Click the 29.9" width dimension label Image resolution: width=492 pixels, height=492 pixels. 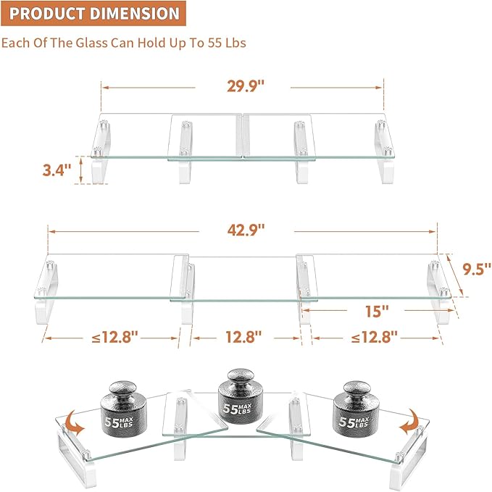click(x=242, y=86)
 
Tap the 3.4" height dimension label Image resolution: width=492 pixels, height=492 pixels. click(x=57, y=170)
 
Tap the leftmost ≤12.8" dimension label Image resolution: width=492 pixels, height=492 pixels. click(x=110, y=337)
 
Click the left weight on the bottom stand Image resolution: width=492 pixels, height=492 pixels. click(x=128, y=409)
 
